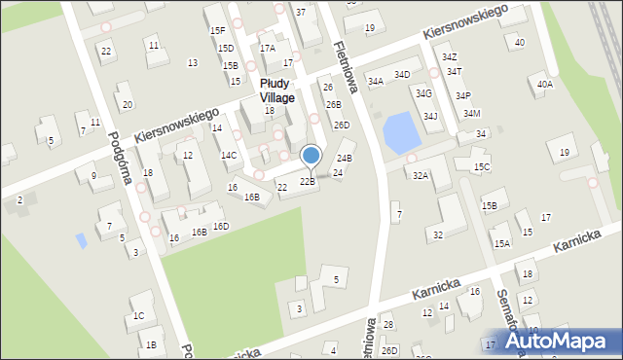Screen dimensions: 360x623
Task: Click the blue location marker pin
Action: (311, 156)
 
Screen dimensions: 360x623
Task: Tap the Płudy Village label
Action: (276, 90)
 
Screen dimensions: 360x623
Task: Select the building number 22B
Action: (307, 182)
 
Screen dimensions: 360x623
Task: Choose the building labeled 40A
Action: (545, 85)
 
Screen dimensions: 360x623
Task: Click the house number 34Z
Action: (449, 57)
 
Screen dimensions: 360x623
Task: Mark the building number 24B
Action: (344, 158)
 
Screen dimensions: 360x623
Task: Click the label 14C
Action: (228, 155)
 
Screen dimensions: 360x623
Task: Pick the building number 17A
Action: (267, 48)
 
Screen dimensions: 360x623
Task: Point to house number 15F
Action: (217, 31)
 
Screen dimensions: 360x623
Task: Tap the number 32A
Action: (421, 176)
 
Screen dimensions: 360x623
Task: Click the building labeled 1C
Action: (138, 315)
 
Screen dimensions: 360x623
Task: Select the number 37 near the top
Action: (300, 12)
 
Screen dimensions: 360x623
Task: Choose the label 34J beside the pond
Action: (430, 117)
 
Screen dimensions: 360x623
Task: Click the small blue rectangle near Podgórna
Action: (81, 238)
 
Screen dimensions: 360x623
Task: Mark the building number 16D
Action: (221, 227)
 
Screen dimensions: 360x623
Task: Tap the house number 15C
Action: (482, 167)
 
